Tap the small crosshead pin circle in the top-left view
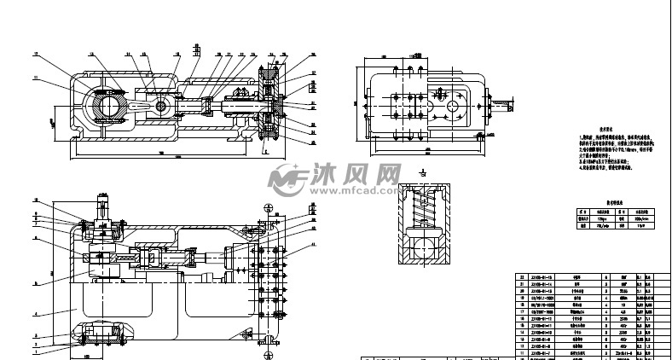pyautogui.click(x=161, y=107)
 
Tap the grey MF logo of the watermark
pyautogui.click(x=287, y=178)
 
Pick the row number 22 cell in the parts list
pyautogui.click(x=522, y=277)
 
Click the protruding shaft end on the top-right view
pyautogui.click(x=504, y=107)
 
